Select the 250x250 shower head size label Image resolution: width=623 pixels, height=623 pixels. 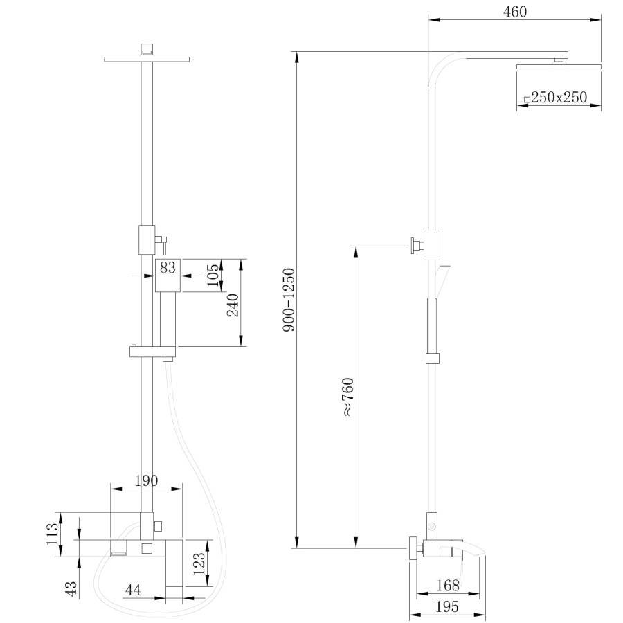click(x=559, y=98)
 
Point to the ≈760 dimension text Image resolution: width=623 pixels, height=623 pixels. click(x=347, y=397)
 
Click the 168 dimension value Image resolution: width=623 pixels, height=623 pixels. click(x=448, y=586)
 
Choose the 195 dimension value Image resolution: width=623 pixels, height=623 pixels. click(x=448, y=606)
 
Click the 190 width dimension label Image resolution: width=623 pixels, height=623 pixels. click(x=146, y=480)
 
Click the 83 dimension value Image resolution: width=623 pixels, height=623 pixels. click(x=168, y=267)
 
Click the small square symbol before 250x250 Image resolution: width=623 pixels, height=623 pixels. click(x=527, y=99)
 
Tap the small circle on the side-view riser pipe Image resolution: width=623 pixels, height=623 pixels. click(x=433, y=527)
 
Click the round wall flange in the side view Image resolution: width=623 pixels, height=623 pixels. click(x=413, y=549)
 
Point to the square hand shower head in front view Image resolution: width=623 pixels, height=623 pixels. click(x=168, y=275)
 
